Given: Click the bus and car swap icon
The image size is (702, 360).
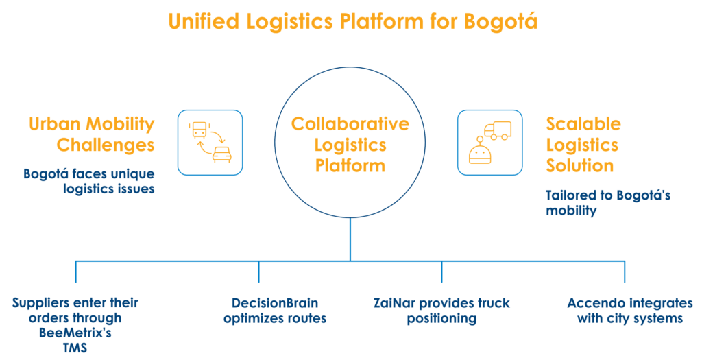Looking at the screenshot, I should (x=210, y=142).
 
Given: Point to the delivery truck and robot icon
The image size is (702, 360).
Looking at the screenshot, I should (x=489, y=142).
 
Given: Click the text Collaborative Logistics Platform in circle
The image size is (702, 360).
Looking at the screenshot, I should (x=350, y=145).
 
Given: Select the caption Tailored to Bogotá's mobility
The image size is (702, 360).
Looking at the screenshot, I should (x=607, y=203).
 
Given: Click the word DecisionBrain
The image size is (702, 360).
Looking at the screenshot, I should (x=275, y=303).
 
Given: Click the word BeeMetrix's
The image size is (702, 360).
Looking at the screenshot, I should (x=76, y=334).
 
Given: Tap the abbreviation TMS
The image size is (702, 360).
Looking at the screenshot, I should (x=76, y=348).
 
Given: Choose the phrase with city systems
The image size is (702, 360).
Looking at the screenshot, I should (x=630, y=318).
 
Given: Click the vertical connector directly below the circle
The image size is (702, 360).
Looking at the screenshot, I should (x=350, y=239).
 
